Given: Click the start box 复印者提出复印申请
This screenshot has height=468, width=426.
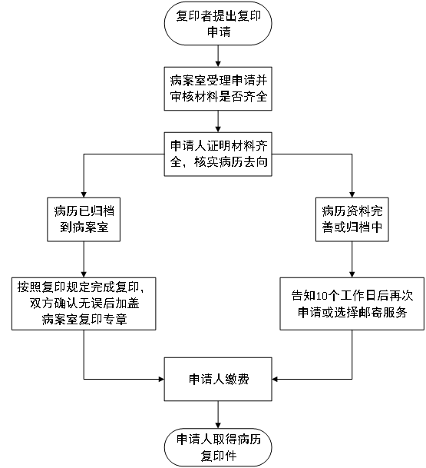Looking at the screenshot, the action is pyautogui.click(x=218, y=24).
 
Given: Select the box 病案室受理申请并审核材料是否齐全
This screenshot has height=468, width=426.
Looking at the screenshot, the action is pyautogui.click(x=218, y=88).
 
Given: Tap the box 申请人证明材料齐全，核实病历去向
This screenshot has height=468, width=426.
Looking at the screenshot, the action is pyautogui.click(x=218, y=154).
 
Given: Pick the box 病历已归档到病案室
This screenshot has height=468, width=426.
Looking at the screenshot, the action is pyautogui.click(x=84, y=219).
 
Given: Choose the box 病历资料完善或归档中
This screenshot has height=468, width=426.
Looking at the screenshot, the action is pyautogui.click(x=352, y=219).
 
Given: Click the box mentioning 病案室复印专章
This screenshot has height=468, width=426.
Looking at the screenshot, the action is pyautogui.click(x=84, y=304).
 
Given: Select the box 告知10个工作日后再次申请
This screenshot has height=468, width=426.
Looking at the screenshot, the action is pyautogui.click(x=352, y=304).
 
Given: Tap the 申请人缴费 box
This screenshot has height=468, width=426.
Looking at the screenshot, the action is pyautogui.click(x=218, y=379).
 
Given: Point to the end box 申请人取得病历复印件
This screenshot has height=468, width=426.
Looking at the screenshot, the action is pyautogui.click(x=218, y=448).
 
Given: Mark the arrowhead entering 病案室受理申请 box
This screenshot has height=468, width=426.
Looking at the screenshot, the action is pyautogui.click(x=218, y=64).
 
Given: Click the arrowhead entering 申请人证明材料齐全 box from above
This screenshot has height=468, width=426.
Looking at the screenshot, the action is pyautogui.click(x=218, y=129).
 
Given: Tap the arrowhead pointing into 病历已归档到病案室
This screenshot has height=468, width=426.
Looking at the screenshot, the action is pyautogui.click(x=84, y=194).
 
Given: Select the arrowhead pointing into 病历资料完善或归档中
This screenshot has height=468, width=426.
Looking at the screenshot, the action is pyautogui.click(x=352, y=194).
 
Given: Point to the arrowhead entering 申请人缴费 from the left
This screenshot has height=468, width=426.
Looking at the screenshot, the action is pyautogui.click(x=161, y=379).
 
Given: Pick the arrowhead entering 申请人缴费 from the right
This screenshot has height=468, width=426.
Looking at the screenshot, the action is pyautogui.click(x=275, y=379).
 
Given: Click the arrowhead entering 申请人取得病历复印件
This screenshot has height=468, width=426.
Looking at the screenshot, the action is pyautogui.click(x=218, y=426).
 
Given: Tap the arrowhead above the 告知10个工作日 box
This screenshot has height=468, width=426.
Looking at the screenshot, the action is pyautogui.click(x=352, y=274).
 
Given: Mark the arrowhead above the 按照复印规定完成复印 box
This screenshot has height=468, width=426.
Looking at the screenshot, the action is pyautogui.click(x=84, y=274).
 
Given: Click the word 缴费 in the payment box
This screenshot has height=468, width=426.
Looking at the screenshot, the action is pyautogui.click(x=237, y=380).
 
